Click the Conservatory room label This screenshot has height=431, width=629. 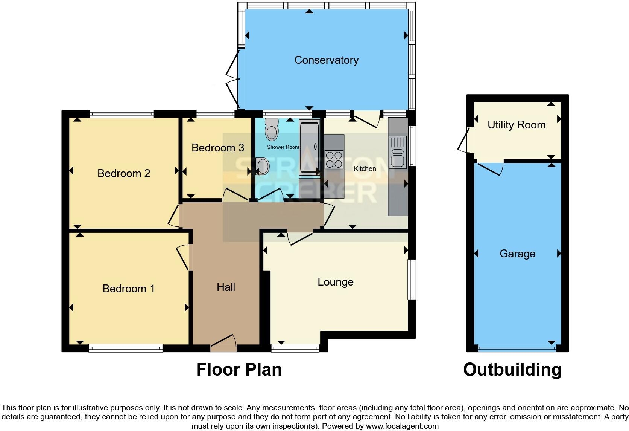[326, 60]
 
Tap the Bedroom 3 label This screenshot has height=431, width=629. [218, 148]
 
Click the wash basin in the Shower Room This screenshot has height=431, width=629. [263, 166]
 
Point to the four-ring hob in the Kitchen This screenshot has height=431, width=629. [334, 159]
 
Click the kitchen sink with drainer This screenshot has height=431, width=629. [398, 152]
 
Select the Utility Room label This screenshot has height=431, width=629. [517, 125]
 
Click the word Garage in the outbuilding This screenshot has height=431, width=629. [517, 254]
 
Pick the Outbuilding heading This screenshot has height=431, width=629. [512, 370]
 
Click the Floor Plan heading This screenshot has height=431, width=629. [239, 370]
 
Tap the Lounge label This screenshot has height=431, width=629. [336, 282]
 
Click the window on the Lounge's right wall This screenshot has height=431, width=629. [412, 279]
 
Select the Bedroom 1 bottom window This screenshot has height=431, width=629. [126, 348]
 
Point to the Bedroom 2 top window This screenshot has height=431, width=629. [122, 113]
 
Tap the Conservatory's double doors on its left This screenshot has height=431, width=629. [233, 79]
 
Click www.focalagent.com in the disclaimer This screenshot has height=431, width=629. [402, 426]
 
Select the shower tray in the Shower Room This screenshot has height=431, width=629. [309, 147]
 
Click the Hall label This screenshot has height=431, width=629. [226, 287]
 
